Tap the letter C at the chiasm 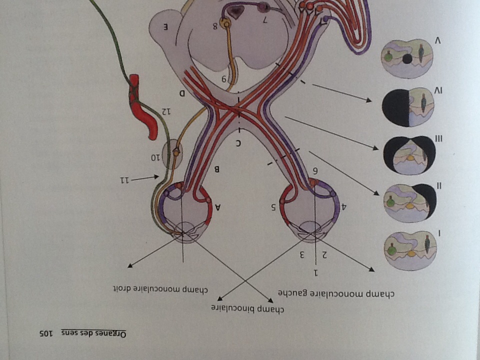click(238, 144)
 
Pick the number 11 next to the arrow click(128, 179)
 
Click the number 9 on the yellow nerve click(224, 79)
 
